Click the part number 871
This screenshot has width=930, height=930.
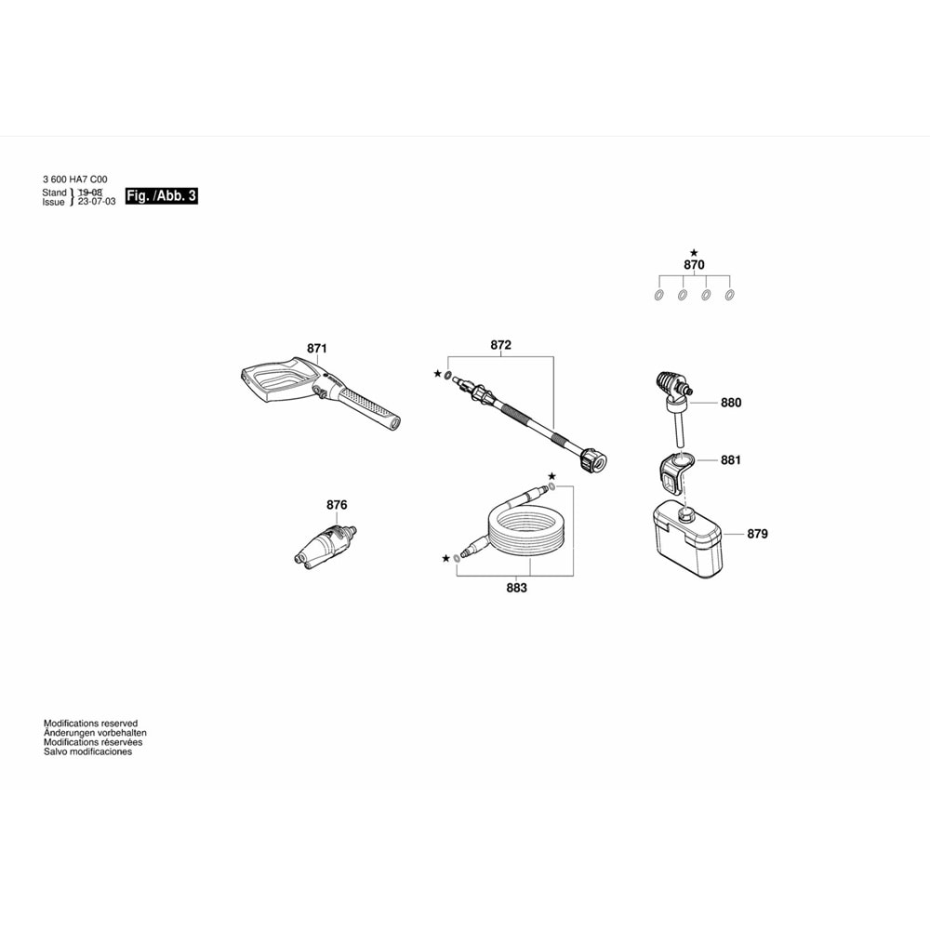point(317,349)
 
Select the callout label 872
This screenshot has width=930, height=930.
point(501,345)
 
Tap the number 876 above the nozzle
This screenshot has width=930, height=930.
point(337,505)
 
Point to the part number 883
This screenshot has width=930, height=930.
point(516,588)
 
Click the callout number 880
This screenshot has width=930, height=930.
point(731,404)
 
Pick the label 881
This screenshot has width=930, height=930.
point(731,459)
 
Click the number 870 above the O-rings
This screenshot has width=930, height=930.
point(694,265)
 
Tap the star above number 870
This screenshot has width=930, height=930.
point(694,252)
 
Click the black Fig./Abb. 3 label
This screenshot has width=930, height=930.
point(162,196)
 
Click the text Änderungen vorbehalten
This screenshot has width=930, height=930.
point(95,733)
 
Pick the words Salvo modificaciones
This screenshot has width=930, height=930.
point(87,751)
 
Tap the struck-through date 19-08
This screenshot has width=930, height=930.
point(90,193)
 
